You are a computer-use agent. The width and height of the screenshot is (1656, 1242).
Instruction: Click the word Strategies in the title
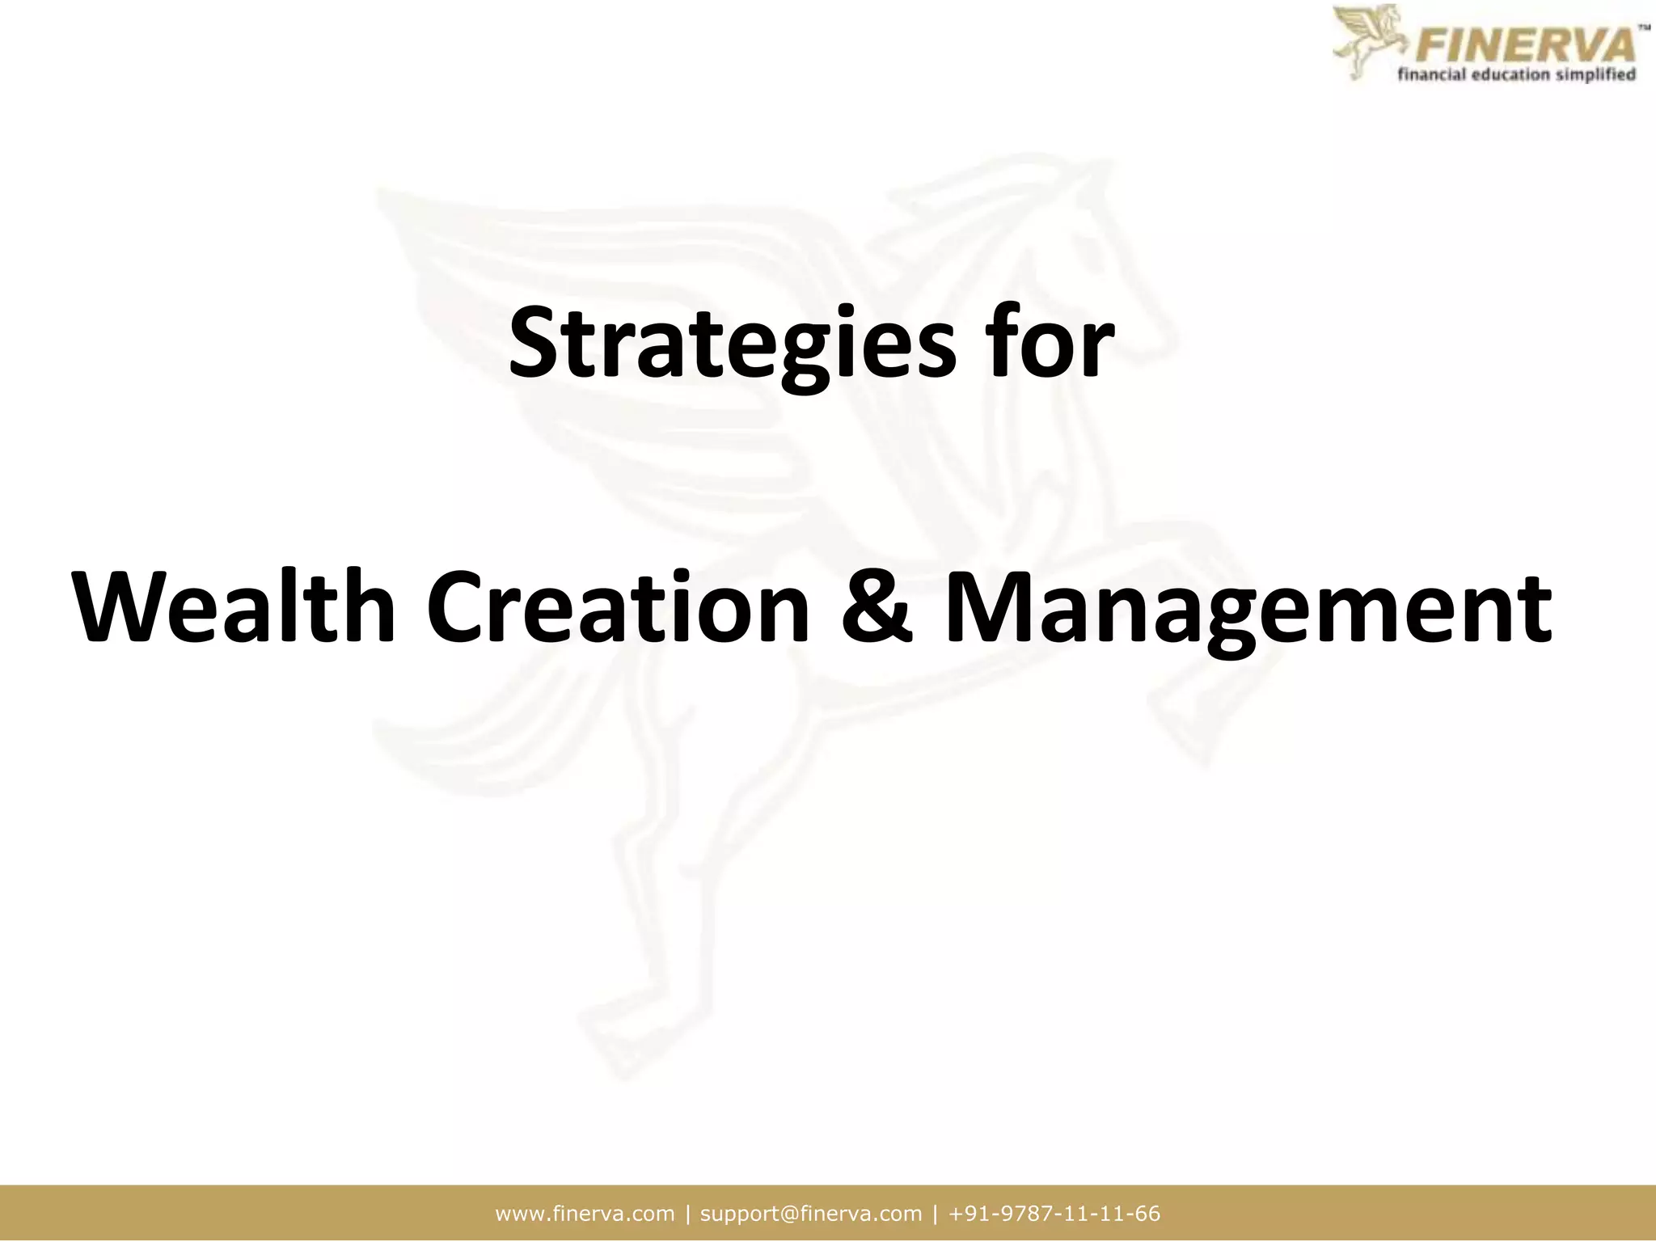click(x=731, y=344)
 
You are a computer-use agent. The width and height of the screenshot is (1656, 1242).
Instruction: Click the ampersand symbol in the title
click(x=877, y=608)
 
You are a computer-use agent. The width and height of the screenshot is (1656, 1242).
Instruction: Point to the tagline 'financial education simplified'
click(x=1517, y=75)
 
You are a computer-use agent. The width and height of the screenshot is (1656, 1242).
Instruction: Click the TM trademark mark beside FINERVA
click(x=1643, y=27)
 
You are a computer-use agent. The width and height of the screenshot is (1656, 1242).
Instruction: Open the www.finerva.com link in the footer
click(x=585, y=1214)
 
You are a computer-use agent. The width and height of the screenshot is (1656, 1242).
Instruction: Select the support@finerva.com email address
click(x=810, y=1214)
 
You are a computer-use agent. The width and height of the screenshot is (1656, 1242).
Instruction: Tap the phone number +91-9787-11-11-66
click(x=1054, y=1214)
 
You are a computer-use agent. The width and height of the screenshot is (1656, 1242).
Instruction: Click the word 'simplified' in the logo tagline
click(x=1599, y=75)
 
